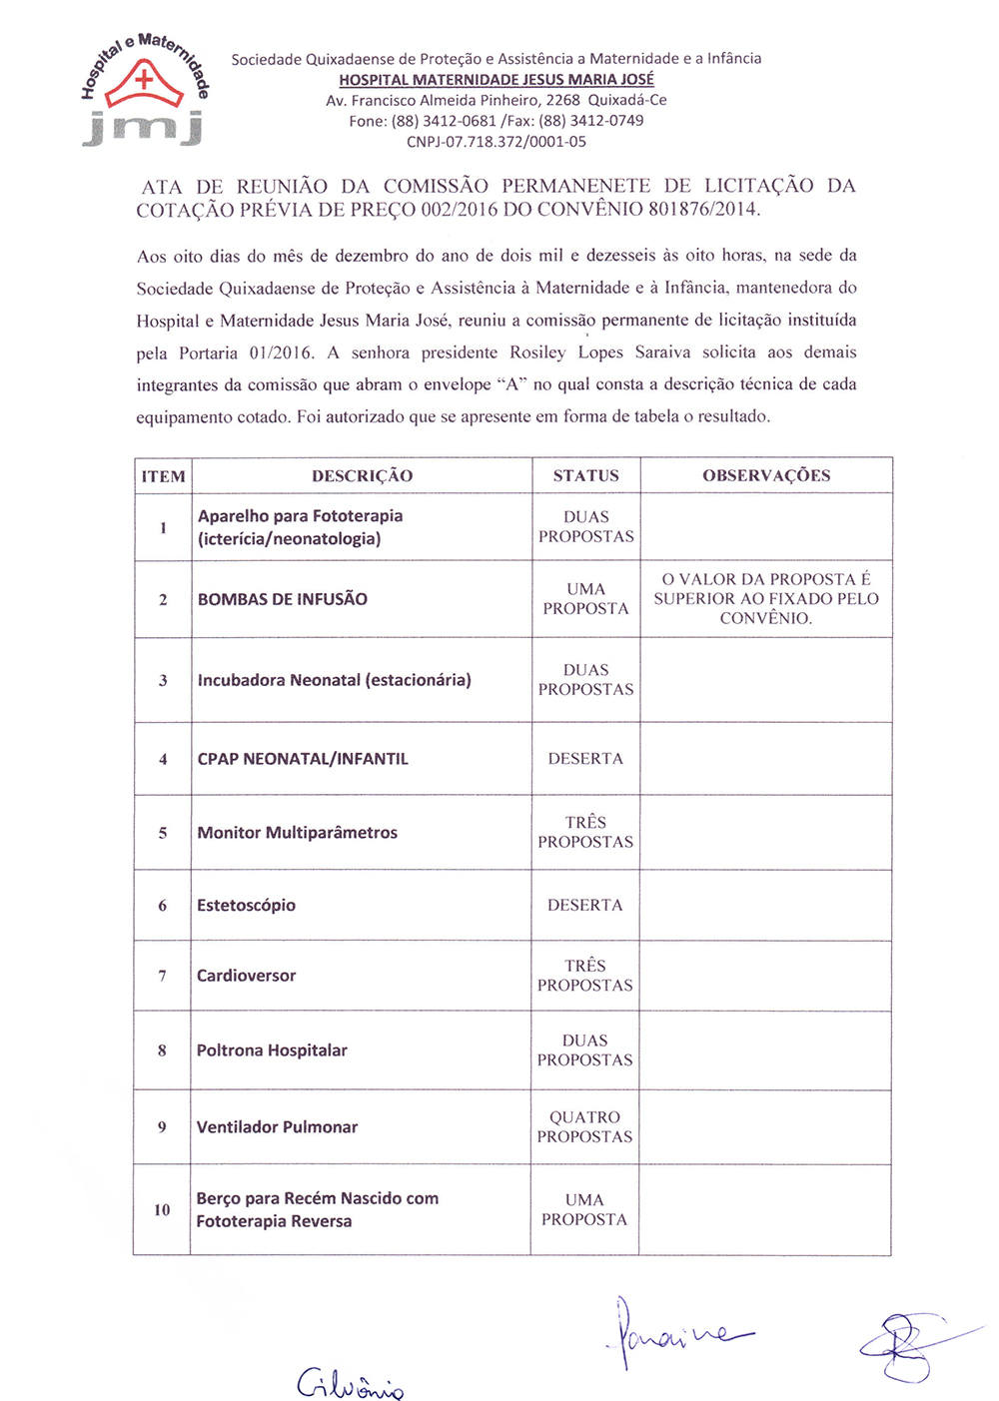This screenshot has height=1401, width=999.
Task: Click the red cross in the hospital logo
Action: click(145, 78)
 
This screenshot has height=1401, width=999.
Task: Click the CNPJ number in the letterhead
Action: click(496, 142)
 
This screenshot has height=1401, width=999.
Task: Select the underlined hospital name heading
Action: click(497, 80)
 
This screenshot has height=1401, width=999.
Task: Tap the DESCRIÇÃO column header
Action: click(362, 476)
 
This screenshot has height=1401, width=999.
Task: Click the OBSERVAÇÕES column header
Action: click(766, 476)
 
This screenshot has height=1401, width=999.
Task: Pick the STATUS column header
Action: click(585, 476)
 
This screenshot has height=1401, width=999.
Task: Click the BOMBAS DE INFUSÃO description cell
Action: click(283, 599)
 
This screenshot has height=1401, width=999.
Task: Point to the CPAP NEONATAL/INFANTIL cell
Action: click(303, 759)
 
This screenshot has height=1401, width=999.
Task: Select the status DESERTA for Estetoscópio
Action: click(584, 905)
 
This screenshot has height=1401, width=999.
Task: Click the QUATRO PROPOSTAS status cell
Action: click(584, 1126)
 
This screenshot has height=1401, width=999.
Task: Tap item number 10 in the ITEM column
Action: click(162, 1209)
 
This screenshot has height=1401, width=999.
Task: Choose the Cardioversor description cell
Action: click(247, 976)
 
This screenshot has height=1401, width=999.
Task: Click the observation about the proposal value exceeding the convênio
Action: click(766, 598)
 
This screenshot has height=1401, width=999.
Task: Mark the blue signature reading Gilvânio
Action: click(350, 1383)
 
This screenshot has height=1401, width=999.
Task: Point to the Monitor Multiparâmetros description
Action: click(298, 833)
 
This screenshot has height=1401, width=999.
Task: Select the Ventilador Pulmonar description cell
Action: click(277, 1127)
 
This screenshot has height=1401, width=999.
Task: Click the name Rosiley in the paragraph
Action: click(537, 352)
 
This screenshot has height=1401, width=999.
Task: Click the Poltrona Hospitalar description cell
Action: click(272, 1051)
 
